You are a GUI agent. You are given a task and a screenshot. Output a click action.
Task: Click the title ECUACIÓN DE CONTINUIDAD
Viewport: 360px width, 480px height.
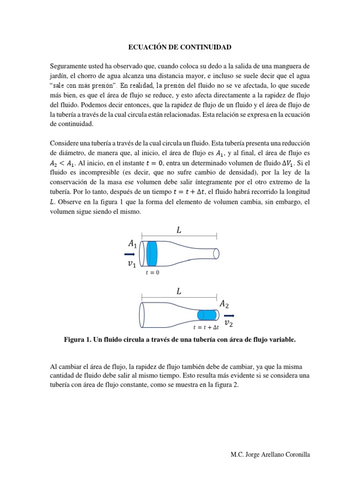(180, 47)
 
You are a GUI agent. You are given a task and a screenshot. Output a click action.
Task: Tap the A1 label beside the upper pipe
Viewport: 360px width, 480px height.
(132, 243)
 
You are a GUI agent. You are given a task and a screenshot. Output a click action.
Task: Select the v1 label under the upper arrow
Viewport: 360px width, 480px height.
(132, 264)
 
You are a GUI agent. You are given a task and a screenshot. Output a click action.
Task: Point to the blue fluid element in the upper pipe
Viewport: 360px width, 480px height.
(152, 254)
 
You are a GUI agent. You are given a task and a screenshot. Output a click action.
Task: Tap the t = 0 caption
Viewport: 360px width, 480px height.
(153, 273)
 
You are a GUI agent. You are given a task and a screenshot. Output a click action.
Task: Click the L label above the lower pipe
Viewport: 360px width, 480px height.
(179, 291)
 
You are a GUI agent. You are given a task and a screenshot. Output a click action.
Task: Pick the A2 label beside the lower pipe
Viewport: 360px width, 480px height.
(224, 305)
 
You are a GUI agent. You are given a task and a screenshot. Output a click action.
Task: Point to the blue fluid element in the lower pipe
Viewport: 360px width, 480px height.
(207, 315)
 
